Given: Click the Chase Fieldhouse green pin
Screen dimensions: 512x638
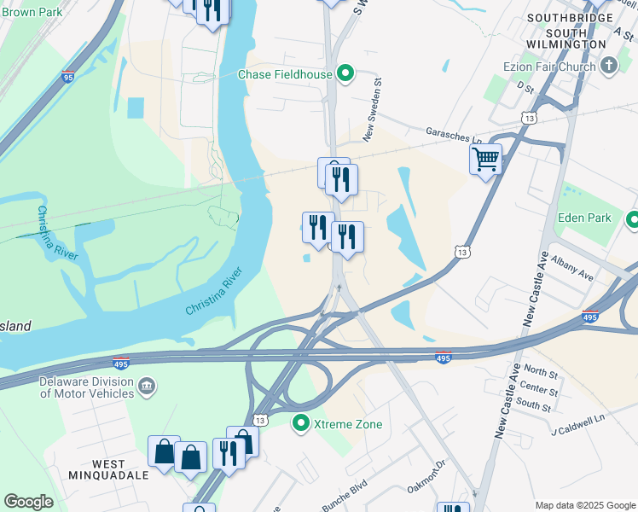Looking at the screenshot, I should [345, 74].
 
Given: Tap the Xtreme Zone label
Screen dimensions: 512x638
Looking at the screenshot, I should [348, 424].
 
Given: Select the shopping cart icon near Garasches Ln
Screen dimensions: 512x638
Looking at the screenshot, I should [485, 158].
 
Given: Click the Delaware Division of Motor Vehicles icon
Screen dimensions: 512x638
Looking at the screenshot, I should [146, 387].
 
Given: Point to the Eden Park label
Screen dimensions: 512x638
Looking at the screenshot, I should [584, 218].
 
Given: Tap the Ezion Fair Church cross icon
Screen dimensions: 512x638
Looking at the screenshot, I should [608, 66].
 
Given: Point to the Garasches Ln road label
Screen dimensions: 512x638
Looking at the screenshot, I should [454, 133].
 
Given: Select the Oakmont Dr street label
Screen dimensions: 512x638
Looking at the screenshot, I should [427, 477].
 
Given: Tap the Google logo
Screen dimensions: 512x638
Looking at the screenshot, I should [28, 502].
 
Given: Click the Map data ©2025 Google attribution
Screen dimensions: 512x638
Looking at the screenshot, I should [584, 505].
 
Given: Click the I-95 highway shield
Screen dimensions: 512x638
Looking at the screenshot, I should [68, 77].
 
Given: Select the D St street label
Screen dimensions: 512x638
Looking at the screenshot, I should [524, 87].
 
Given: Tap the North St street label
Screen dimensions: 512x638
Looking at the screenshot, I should [541, 371].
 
